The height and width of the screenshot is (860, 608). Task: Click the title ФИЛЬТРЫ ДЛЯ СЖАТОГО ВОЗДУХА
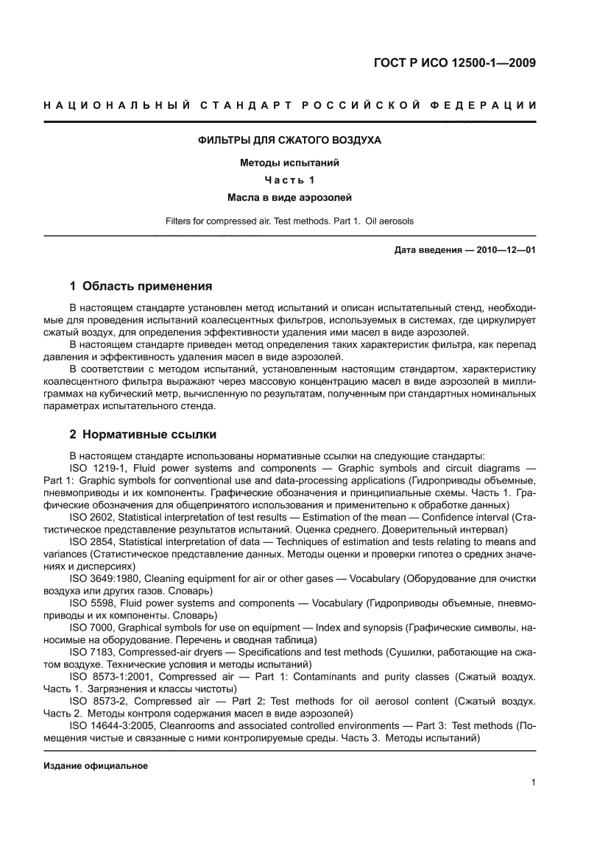coord(290,140)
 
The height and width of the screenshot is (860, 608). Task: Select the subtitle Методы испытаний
coord(290,163)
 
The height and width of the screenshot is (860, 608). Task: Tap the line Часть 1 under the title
coord(290,180)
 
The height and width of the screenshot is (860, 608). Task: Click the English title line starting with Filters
coord(290,221)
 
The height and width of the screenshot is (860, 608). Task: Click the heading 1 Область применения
coord(141,285)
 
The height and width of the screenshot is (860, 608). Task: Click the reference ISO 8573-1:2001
coord(111,676)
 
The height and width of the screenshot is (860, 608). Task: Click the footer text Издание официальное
coord(96,766)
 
